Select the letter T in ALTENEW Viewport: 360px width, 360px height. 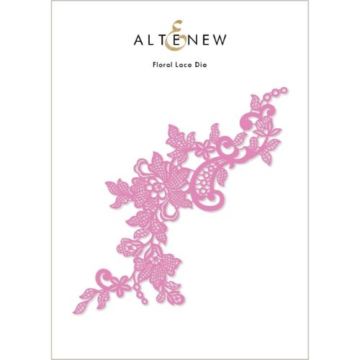click(164, 41)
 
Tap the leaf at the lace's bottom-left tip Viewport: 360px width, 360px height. click(84, 296)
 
